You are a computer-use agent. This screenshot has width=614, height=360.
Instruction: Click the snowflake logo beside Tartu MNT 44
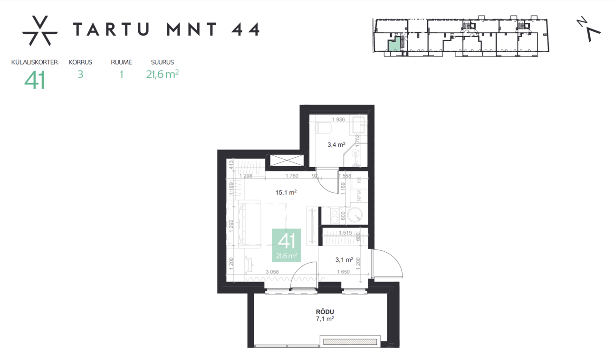coord(40,31)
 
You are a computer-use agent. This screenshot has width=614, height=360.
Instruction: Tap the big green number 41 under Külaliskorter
coord(35,80)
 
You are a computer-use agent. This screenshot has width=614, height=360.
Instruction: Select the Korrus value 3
coord(80,74)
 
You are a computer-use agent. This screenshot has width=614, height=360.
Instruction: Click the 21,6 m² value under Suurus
coord(163,74)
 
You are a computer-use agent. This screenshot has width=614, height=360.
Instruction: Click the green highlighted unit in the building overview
coord(394,46)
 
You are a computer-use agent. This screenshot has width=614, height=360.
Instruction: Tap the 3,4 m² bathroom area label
coord(336,145)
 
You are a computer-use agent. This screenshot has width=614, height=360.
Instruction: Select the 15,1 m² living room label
coord(286,192)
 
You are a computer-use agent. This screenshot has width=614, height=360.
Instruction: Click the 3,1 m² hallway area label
coord(344,260)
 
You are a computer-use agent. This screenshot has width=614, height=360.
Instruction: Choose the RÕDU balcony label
coord(325,312)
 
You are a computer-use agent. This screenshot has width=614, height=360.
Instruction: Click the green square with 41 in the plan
coord(286,245)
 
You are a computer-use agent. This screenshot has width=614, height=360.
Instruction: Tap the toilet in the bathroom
coord(326,127)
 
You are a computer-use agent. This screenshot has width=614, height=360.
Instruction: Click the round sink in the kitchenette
coord(354,216)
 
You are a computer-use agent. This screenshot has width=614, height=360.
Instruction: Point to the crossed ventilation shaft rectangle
coord(287,160)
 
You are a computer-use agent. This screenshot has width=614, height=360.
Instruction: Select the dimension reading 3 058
coord(272,272)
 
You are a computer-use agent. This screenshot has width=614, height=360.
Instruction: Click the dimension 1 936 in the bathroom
coord(338,119)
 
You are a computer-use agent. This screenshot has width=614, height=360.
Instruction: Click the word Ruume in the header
coord(121,62)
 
